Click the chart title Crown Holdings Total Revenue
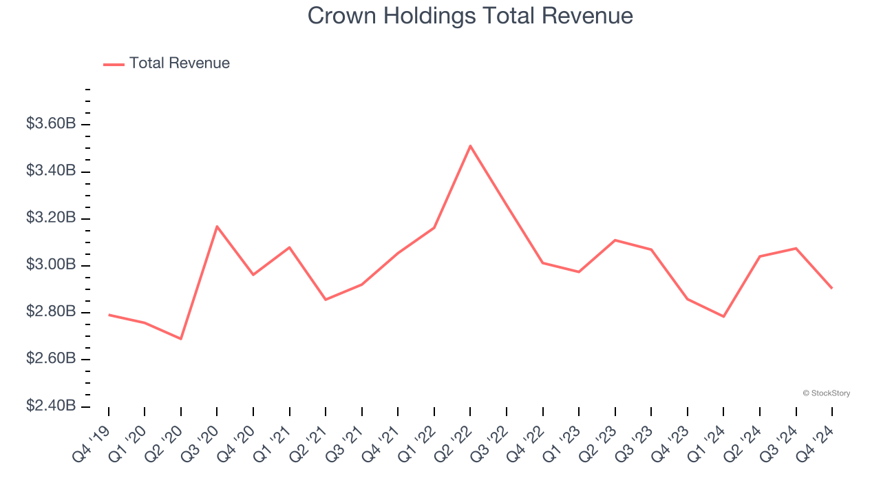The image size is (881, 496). pos(470,16)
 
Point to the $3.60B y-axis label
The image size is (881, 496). pos(51,124)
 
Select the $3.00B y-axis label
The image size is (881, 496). pos(51,265)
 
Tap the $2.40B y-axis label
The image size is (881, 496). pos(51,406)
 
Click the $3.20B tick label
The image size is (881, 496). pos(51,218)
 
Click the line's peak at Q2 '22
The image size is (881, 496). pos(470,145)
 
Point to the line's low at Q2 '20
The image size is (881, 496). pos(181,339)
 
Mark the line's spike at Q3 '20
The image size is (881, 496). pos(217,226)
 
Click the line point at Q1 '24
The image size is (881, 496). pos(723,316)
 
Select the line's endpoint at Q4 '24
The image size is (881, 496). pos(831,288)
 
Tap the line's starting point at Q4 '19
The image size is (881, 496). pos(109,315)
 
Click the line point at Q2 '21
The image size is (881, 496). pos(326,300)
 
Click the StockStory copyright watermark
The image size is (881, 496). pos(826,393)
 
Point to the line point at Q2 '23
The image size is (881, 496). pos(615,240)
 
